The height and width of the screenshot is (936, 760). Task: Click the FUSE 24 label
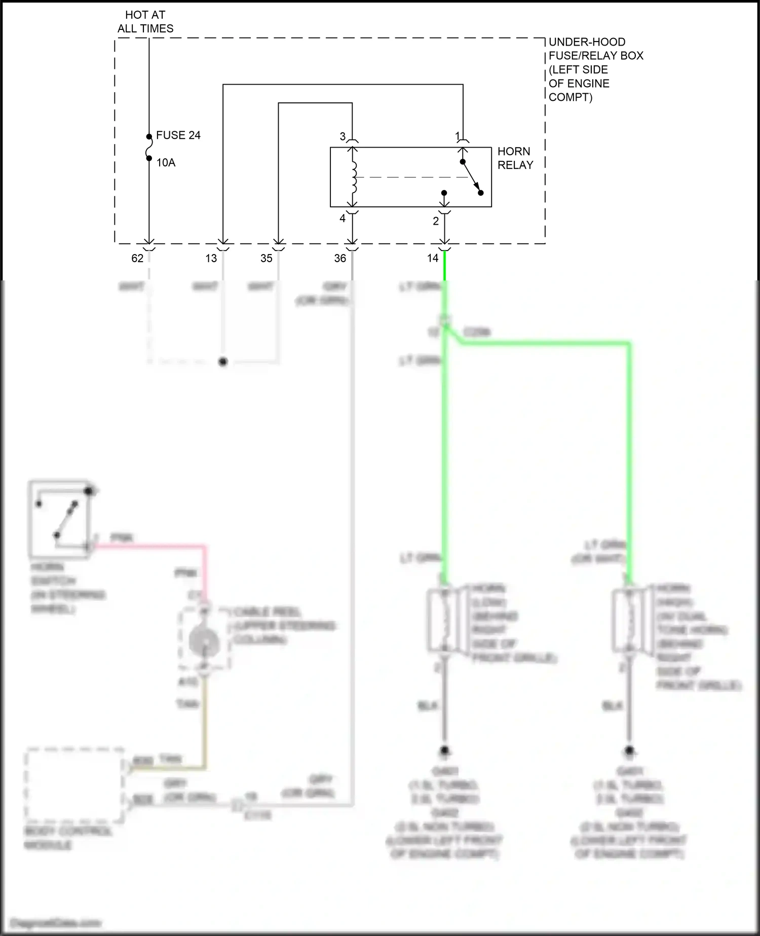point(178,135)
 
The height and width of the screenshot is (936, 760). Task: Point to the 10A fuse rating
point(166,163)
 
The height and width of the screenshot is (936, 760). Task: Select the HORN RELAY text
point(515,158)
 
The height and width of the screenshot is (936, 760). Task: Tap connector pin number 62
point(137,258)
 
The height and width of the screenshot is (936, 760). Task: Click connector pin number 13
point(211,258)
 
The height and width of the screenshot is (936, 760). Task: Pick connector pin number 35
point(267,258)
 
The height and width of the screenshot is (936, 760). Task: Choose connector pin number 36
point(340,258)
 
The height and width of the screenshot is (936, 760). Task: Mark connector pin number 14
point(432,258)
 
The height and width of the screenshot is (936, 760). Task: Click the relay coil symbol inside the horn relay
point(354,177)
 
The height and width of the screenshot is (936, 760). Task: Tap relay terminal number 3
point(343,136)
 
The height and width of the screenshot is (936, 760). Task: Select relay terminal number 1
point(458,136)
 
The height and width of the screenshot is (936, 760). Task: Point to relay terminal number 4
point(343,218)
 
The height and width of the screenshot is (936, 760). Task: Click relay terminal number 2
point(436,221)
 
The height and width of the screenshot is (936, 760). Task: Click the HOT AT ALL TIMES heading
point(145,22)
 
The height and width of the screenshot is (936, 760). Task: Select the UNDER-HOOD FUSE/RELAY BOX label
point(596,69)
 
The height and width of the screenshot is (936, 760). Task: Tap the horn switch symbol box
point(60,519)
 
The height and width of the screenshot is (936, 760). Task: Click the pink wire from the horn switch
point(152,546)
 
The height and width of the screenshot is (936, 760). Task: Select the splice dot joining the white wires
point(222,362)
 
